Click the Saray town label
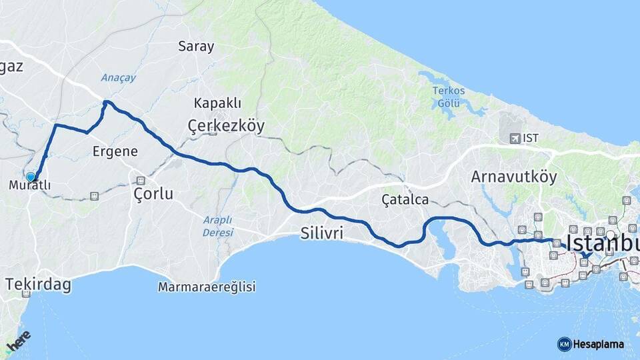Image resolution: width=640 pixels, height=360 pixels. [196, 47]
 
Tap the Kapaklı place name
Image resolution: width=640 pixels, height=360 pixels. [217, 103]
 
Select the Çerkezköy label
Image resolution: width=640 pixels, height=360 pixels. [226, 125]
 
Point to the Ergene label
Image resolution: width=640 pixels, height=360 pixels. [115, 151]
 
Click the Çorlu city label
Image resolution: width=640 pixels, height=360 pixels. [153, 194]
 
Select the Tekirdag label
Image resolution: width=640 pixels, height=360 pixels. [38, 285]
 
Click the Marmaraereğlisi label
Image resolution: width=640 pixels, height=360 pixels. [207, 287]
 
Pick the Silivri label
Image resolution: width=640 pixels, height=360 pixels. [321, 233]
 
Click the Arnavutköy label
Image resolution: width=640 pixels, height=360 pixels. [513, 177]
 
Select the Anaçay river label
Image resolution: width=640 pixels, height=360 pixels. [118, 78]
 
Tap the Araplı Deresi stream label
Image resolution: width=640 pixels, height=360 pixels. [218, 226]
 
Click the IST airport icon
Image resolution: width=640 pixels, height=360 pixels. [514, 138]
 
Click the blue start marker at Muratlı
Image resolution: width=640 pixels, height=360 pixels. [31, 177]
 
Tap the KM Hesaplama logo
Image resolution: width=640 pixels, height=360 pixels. [591, 344]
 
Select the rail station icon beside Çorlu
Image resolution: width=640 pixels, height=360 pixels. [141, 181]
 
